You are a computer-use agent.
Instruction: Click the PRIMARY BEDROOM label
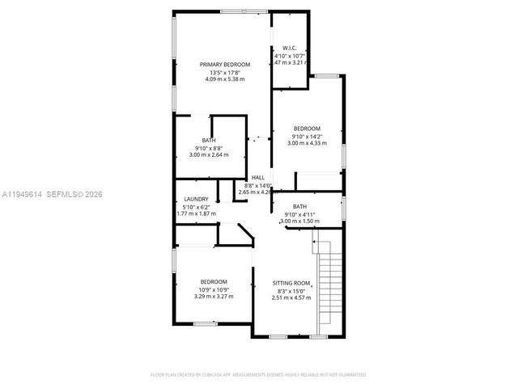click(x=225, y=64)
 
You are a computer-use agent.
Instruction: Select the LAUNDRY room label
click(x=197, y=199)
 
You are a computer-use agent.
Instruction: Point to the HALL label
click(x=258, y=177)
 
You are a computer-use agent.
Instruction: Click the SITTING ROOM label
click(x=291, y=283)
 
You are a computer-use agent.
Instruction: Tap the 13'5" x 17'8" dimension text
click(x=225, y=72)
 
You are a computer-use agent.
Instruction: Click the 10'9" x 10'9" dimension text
click(x=214, y=289)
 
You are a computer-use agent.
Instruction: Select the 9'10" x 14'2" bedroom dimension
click(x=307, y=137)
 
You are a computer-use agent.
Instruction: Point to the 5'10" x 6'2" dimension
click(x=197, y=207)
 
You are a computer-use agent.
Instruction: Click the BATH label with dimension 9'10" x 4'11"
click(x=299, y=206)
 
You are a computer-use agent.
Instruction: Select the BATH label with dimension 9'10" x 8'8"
click(x=209, y=140)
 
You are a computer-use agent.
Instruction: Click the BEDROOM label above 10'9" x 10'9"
click(x=214, y=281)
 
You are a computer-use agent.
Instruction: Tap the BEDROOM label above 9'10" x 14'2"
click(x=307, y=129)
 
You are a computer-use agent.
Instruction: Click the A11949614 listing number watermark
click(x=22, y=194)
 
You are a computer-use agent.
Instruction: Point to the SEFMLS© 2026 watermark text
click(x=74, y=194)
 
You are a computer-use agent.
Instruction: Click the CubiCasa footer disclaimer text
click(x=259, y=374)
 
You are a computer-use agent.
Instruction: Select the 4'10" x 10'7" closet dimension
click(x=288, y=54)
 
